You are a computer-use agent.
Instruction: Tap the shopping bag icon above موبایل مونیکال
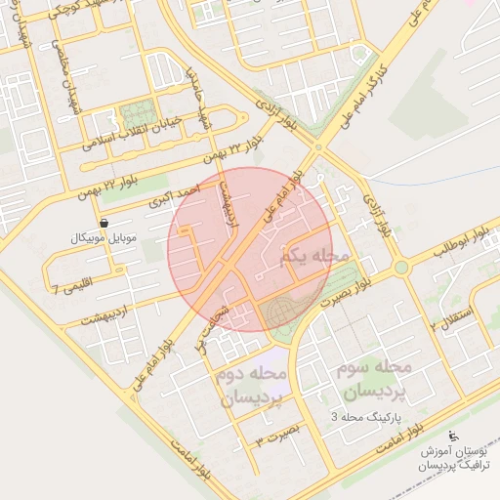(x=104, y=223)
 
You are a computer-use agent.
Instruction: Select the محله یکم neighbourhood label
(x=313, y=257)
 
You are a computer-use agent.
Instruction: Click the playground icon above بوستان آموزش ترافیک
(x=452, y=436)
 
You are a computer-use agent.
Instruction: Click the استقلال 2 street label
(x=451, y=317)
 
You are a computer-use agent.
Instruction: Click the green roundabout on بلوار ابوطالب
(x=400, y=267)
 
